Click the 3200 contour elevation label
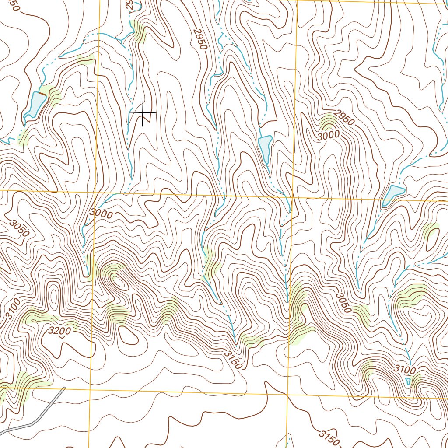click(x=59, y=331)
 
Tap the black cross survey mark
click(x=143, y=113)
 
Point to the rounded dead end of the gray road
click(x=64, y=388)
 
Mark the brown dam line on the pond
click(x=42, y=94)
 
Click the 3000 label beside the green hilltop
click(x=328, y=136)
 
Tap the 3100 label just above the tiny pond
click(x=404, y=370)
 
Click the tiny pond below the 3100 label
click(x=408, y=381)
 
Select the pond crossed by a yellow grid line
click(x=393, y=194)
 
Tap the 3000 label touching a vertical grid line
click(x=101, y=214)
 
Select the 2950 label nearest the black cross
click(x=199, y=39)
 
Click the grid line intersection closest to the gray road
click(x=89, y=388)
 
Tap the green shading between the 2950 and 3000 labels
click(x=327, y=120)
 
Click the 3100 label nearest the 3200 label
click(x=14, y=308)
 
